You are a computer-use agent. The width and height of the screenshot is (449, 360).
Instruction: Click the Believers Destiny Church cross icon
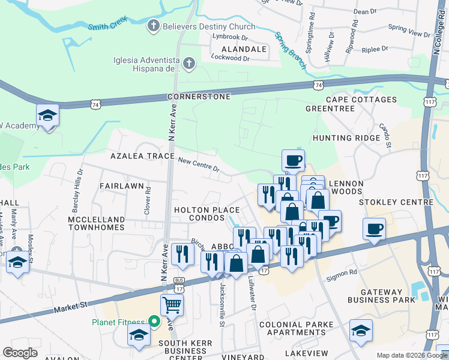click(x=154, y=26)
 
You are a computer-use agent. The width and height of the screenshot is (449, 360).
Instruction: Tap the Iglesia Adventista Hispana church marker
click(x=188, y=63)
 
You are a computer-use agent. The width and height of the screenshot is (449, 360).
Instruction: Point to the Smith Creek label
click(x=108, y=26)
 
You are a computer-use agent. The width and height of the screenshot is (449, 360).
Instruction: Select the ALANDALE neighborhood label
click(x=244, y=49)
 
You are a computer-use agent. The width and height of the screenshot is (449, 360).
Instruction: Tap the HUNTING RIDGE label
click(x=346, y=138)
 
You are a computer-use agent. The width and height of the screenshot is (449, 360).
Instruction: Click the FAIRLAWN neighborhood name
click(x=121, y=186)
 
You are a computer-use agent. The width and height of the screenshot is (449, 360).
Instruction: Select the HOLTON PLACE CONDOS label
click(x=207, y=214)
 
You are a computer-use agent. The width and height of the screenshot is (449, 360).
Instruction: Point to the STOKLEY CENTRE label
click(x=396, y=203)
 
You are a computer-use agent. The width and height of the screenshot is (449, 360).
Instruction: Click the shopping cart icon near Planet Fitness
click(x=172, y=304)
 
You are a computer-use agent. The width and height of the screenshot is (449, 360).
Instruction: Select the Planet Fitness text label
click(x=119, y=322)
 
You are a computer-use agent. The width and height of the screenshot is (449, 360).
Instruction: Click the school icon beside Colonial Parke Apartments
click(x=361, y=330)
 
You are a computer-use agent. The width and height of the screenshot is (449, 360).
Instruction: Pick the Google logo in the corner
click(x=20, y=353)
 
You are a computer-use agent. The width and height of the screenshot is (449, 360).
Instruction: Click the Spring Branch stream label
click(x=290, y=46)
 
